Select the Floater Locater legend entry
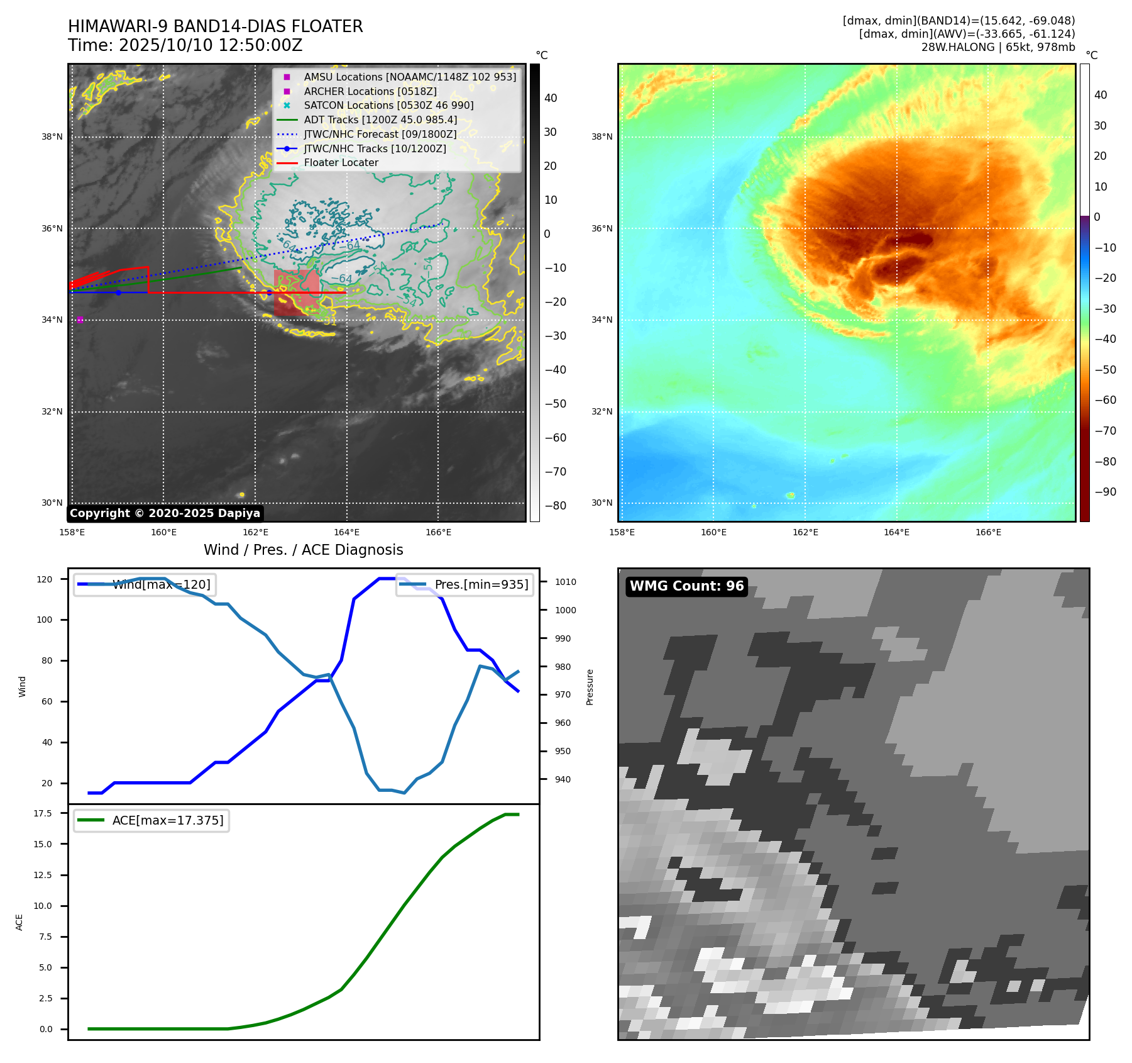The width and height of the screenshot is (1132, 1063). [x=341, y=163]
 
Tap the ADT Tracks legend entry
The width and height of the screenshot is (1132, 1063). [x=380, y=120]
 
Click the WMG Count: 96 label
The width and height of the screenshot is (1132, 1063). [x=686, y=586]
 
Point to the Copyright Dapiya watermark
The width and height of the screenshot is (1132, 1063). [x=165, y=513]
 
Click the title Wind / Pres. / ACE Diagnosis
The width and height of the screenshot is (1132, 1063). [x=303, y=550]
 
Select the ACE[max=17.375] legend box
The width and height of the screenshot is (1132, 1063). [x=151, y=820]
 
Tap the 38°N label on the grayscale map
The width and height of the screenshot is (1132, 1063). [x=52, y=137]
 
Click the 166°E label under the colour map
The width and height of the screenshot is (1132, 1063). [x=988, y=533]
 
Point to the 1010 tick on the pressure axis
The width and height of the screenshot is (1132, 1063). [x=565, y=582]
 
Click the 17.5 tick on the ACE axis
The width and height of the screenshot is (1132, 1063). [x=43, y=813]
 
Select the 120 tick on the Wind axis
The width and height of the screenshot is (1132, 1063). [x=45, y=579]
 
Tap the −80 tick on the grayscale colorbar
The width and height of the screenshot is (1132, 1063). [x=555, y=506]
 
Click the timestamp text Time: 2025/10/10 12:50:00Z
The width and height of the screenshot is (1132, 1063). [x=185, y=45]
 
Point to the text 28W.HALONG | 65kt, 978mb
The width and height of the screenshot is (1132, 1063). [x=997, y=47]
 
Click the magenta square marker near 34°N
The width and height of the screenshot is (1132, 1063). [x=80, y=320]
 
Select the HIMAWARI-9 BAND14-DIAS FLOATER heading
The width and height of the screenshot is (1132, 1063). [x=216, y=26]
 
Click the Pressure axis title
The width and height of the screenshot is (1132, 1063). [x=590, y=687]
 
